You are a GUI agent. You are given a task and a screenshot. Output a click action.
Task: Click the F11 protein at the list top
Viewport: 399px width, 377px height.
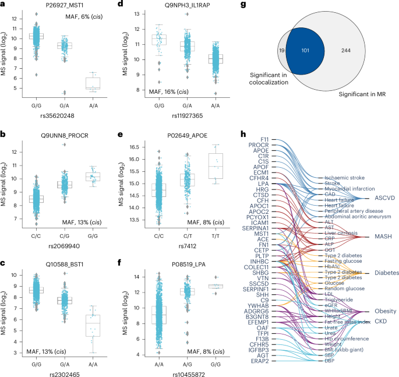[x=264, y=139]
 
